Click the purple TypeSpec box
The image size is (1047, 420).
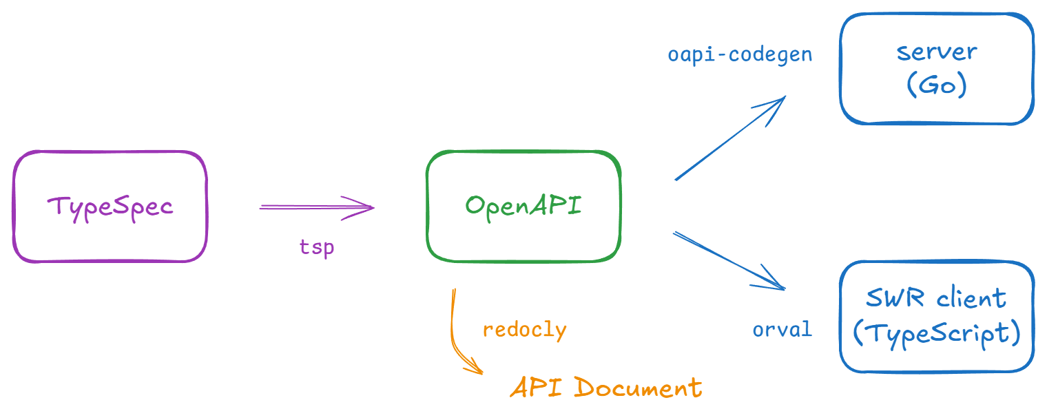click(x=110, y=207)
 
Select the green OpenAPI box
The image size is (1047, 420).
click(x=523, y=206)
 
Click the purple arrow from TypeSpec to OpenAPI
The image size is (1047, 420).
click(x=310, y=207)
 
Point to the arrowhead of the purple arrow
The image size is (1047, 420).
click(x=369, y=207)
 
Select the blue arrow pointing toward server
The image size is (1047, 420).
click(x=730, y=138)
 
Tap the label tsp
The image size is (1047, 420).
click(x=317, y=246)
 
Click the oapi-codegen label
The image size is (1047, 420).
click(x=740, y=54)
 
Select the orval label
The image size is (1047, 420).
click(x=782, y=329)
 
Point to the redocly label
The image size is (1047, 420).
click(x=524, y=329)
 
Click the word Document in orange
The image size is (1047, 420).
click(x=637, y=388)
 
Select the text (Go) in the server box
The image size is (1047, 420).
click(x=937, y=85)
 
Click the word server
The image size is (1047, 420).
click(x=937, y=52)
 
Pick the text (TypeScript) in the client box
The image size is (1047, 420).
click(x=937, y=333)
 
